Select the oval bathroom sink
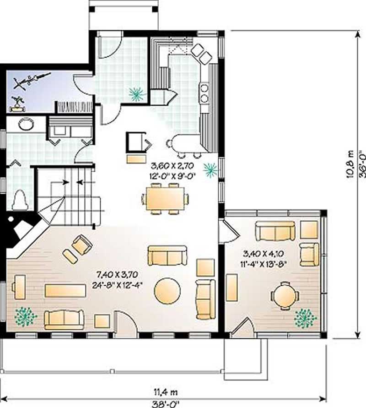coord(26,124)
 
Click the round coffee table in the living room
coord(167,291)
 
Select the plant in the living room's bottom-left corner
coord(26,316)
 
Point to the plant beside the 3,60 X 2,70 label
coord(210,170)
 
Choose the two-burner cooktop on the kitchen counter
coord(205,92)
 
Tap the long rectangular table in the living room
coord(65,290)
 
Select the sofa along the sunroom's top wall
coord(275,231)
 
